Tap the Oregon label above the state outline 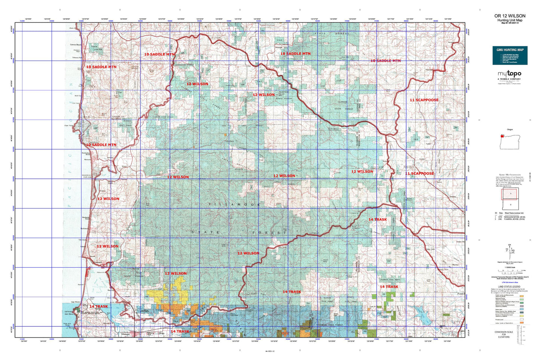(x=510, y=129)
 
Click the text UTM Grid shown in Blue (x=510, y=283)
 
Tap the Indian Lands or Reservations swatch (x=521, y=323)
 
